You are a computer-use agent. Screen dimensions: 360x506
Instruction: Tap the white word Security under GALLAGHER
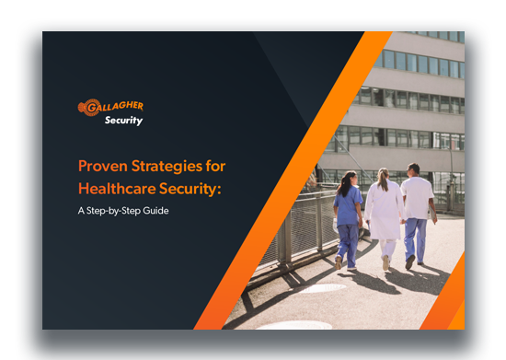point(123,120)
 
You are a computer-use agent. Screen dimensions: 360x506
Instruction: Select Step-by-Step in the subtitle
point(113,210)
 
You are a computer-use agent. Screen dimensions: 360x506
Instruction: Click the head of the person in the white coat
point(384,175)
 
